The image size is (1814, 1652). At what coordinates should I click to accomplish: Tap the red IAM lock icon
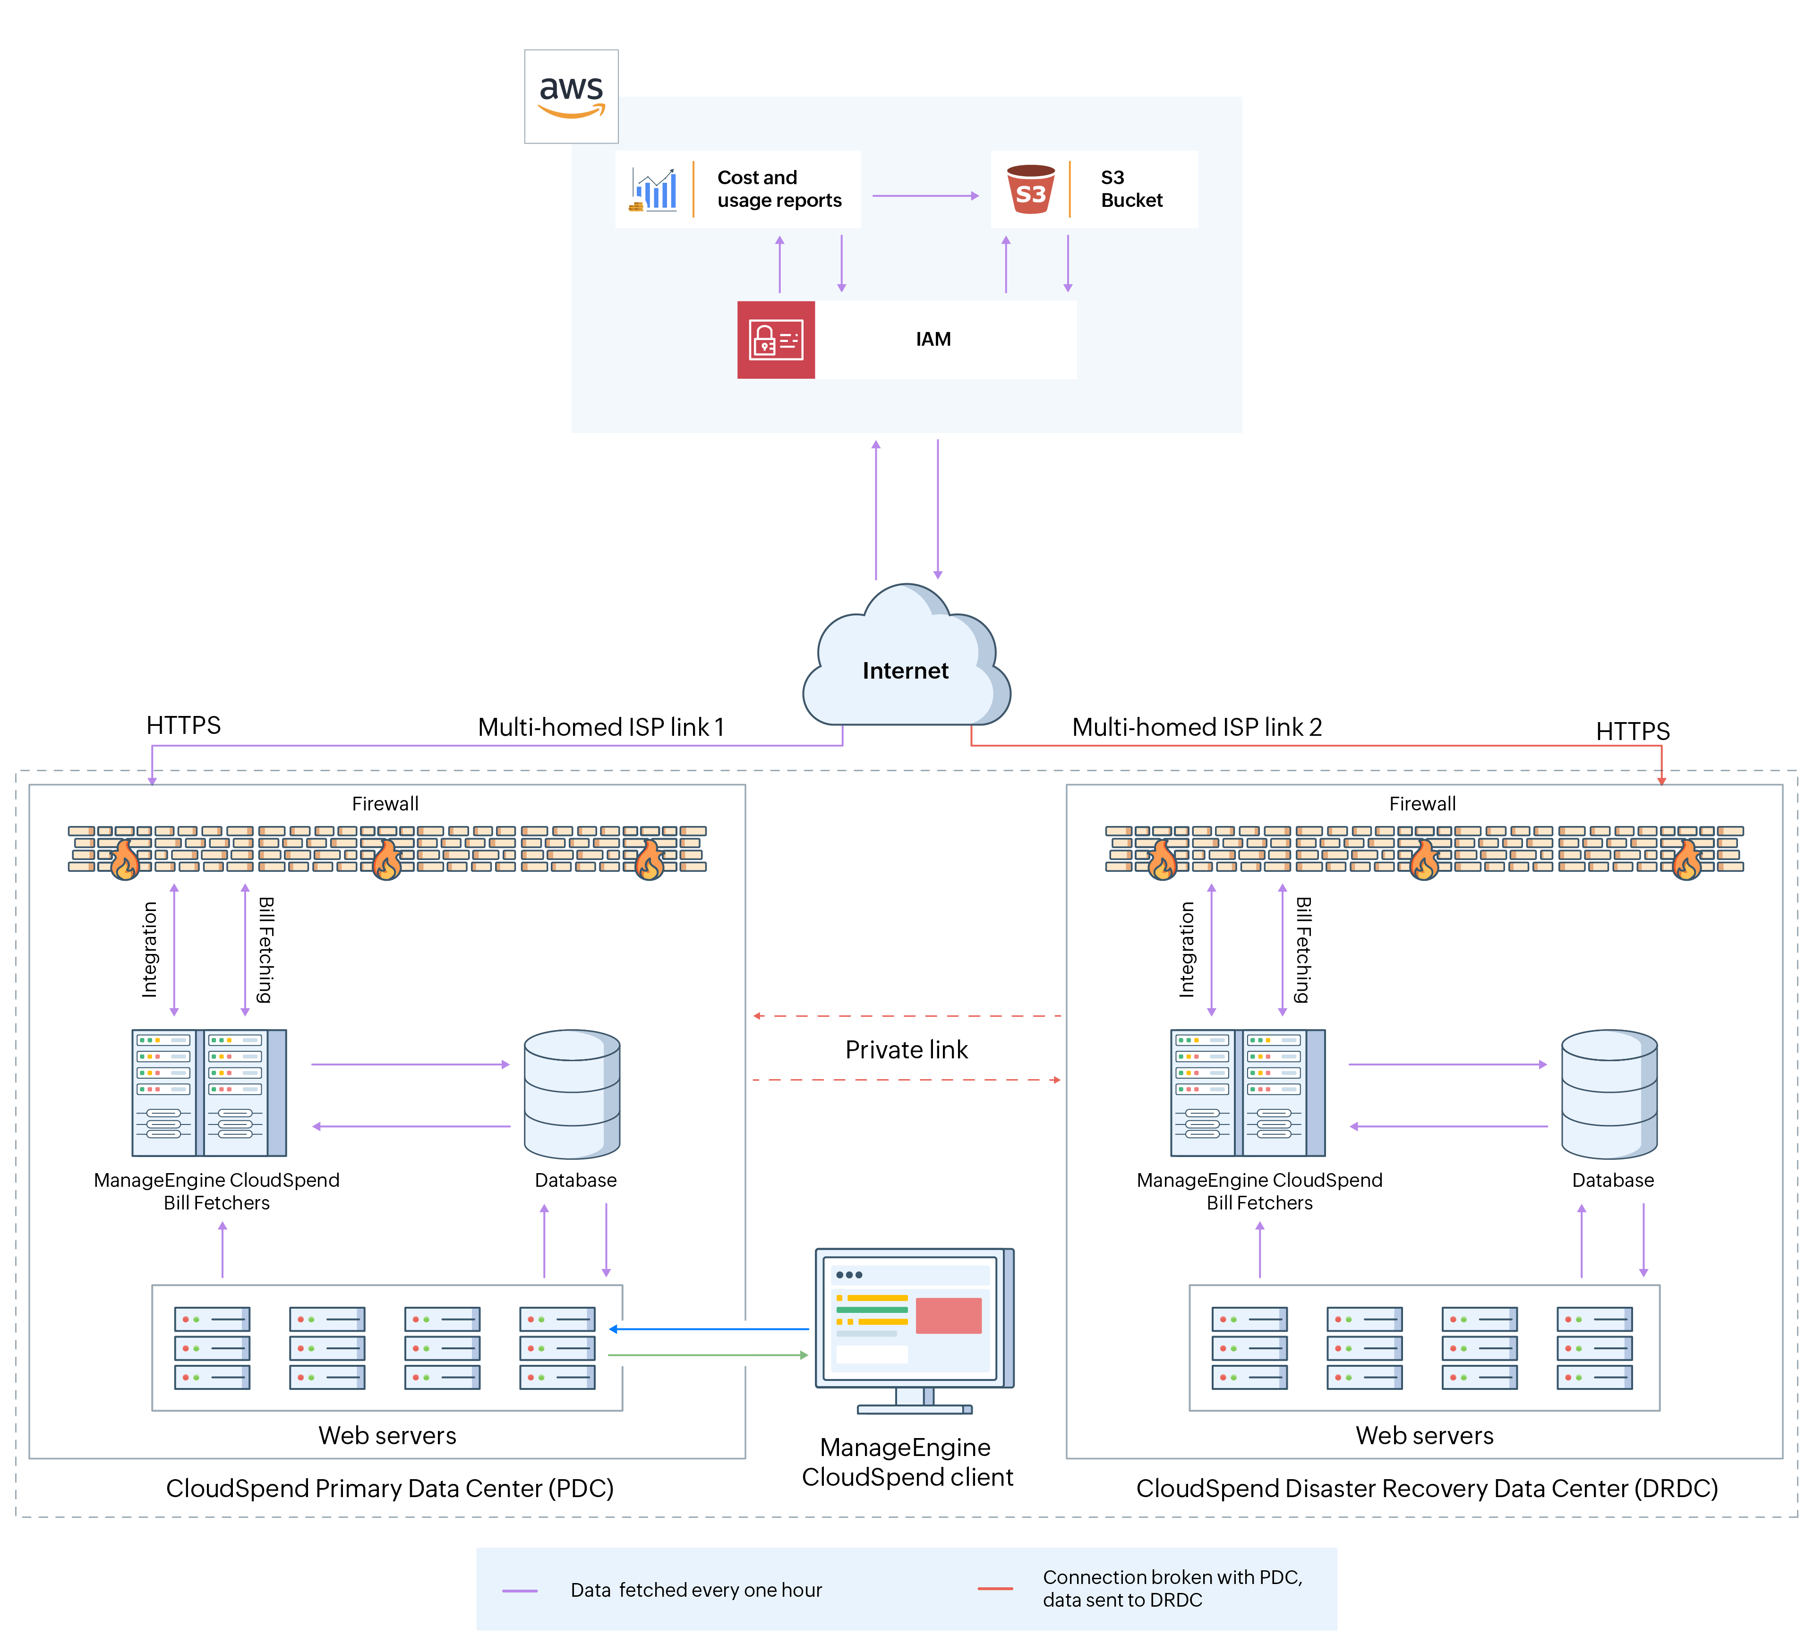tap(776, 340)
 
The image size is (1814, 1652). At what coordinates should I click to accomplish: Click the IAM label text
tap(933, 339)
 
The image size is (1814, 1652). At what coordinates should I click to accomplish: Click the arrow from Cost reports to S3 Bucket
tap(925, 195)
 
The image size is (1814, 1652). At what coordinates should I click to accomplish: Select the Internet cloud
tap(906, 661)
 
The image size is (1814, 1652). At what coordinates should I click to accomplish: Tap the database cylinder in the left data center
tap(572, 1094)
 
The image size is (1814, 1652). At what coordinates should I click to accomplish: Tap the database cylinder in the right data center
tap(1609, 1094)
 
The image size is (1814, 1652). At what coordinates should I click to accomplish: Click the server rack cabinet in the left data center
tap(209, 1092)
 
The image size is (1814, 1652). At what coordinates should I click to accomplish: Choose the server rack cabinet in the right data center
tap(1247, 1092)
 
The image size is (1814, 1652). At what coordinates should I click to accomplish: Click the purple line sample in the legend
tap(520, 1591)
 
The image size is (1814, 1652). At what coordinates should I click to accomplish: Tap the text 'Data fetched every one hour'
tap(695, 1590)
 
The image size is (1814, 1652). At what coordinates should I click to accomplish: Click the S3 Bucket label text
tap(1131, 189)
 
